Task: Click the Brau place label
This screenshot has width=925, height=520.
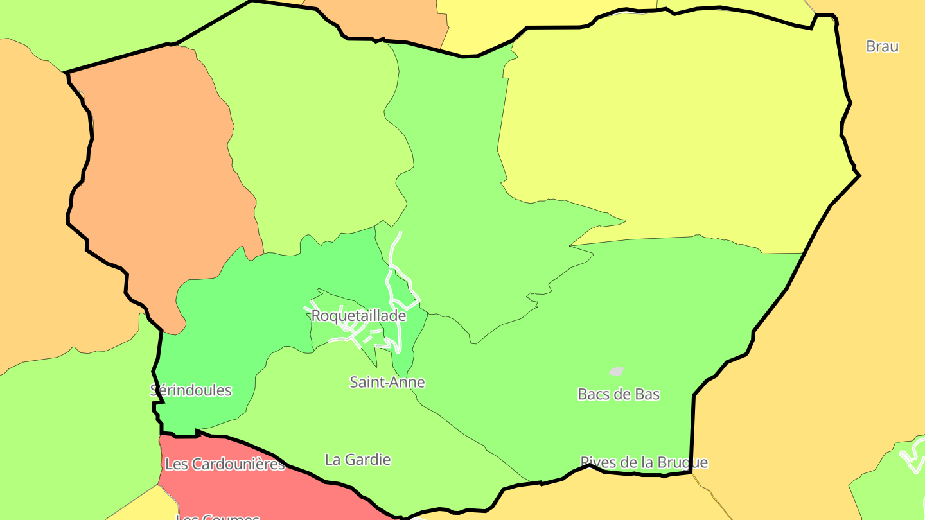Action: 882,46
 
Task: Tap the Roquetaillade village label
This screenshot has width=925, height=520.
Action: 358,316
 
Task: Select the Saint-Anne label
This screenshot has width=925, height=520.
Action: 387,383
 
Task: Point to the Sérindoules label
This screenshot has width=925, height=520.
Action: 191,390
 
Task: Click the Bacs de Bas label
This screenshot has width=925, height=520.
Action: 619,394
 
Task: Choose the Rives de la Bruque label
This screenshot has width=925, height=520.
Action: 644,462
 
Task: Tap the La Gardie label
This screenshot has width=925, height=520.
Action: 358,460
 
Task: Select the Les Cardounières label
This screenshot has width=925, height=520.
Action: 225,464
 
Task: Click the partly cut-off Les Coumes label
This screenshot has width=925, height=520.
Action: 218,516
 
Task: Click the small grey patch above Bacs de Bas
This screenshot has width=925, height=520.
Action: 617,371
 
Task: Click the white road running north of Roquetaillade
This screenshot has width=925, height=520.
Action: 395,250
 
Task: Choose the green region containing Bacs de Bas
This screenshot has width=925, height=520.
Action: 642,321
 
